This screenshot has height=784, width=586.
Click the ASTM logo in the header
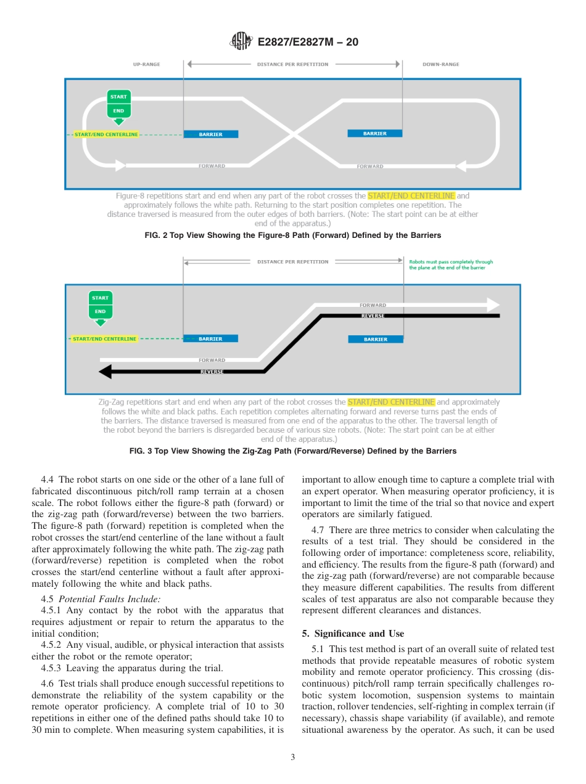pyautogui.click(x=241, y=41)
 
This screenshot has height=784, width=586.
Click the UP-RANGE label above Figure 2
pyautogui.click(x=146, y=64)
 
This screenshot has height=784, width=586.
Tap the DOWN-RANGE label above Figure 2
pyautogui.click(x=440, y=64)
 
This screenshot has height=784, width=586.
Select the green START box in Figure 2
pyautogui.click(x=118, y=97)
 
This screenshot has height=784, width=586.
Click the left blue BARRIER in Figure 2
pyautogui.click(x=211, y=134)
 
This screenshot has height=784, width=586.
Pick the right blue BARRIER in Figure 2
pyautogui.click(x=374, y=133)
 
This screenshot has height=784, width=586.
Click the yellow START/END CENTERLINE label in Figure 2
pyautogui.click(x=106, y=134)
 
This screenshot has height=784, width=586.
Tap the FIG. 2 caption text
pyautogui.click(x=292, y=235)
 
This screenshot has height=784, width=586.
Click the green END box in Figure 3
pyautogui.click(x=100, y=311)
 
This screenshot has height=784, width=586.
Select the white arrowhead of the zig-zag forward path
pyautogui.click(x=493, y=305)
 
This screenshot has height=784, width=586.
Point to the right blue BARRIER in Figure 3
pyautogui.click(x=375, y=339)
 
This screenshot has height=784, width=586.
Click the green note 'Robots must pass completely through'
pyautogui.click(x=451, y=262)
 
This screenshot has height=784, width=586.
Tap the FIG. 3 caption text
pyautogui.click(x=292, y=451)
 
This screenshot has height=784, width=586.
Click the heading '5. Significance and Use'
pyautogui.click(x=353, y=634)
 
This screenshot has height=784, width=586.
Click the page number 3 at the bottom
pyautogui.click(x=292, y=757)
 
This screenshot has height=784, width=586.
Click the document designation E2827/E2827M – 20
pyautogui.click(x=307, y=42)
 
